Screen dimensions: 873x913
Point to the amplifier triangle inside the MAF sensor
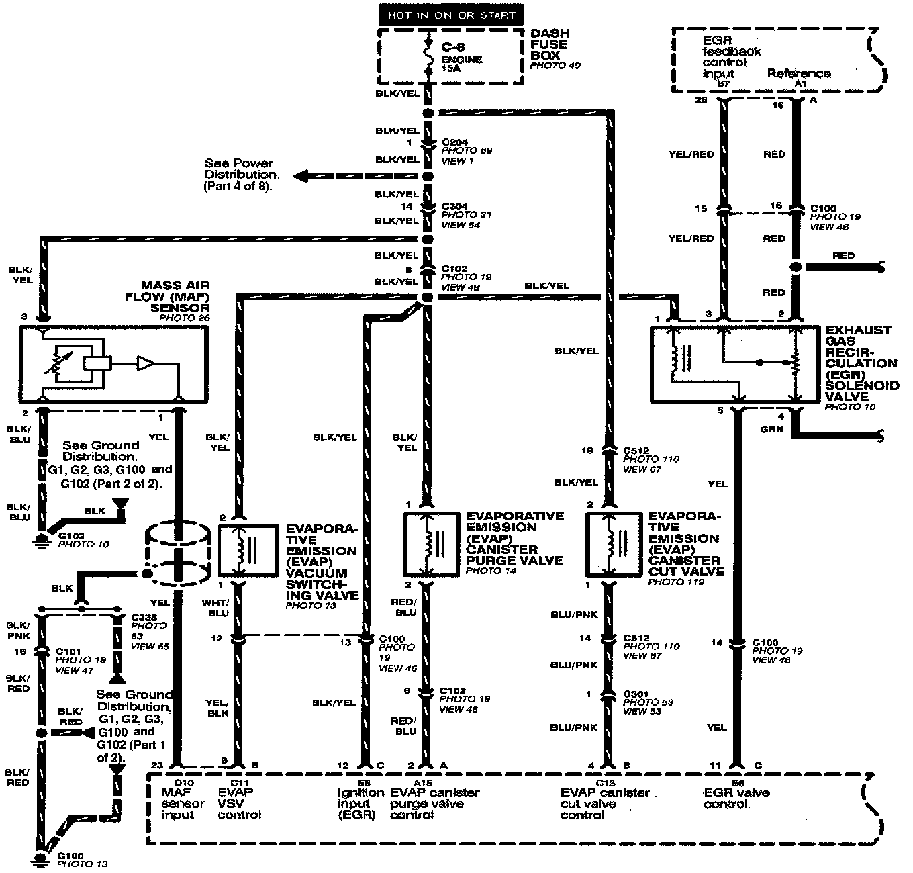[x=145, y=363]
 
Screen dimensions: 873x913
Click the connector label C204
[x=454, y=142]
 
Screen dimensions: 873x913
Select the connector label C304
[x=454, y=206]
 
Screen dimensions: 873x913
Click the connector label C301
[x=638, y=694]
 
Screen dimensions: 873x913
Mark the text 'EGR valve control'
[x=736, y=798]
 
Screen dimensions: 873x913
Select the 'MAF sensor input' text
[x=183, y=804]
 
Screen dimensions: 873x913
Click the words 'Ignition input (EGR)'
[x=359, y=804]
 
